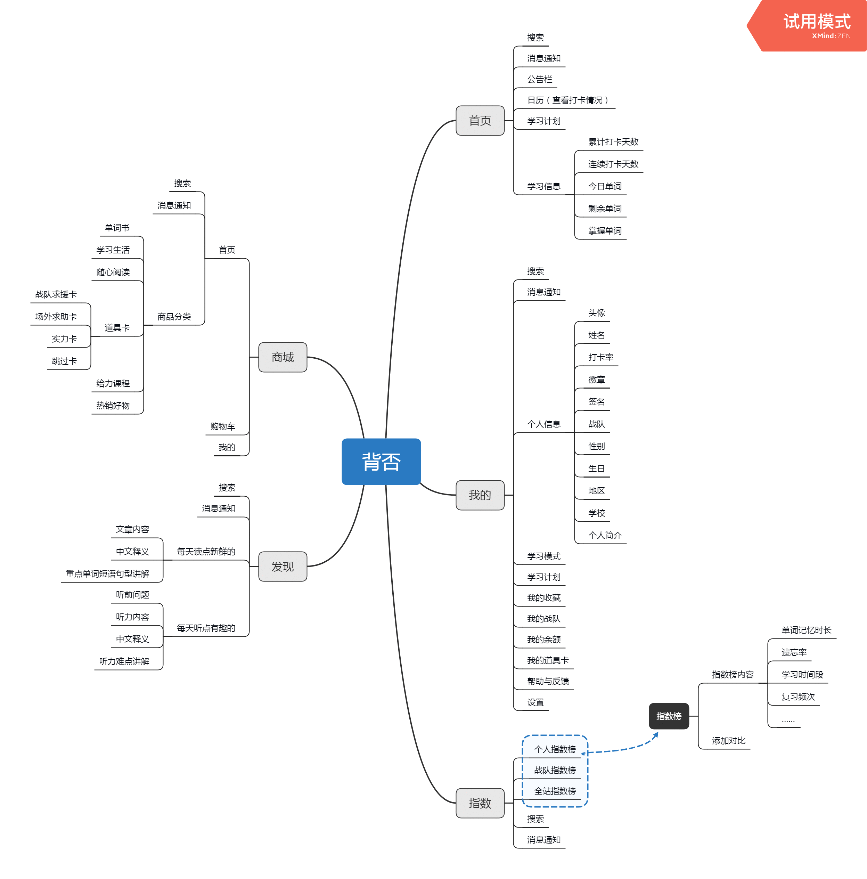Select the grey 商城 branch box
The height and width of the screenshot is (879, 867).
[x=283, y=357]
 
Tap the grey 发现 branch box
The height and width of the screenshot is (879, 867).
[x=283, y=567]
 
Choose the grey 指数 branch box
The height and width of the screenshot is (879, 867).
[x=480, y=803]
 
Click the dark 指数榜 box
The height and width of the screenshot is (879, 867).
[x=668, y=716]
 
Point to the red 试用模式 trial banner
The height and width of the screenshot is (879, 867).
[x=808, y=25]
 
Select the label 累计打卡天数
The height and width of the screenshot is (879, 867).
[x=613, y=142]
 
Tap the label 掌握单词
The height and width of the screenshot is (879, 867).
[x=605, y=231]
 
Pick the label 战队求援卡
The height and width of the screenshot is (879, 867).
[x=56, y=294]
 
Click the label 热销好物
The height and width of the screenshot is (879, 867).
[x=113, y=405]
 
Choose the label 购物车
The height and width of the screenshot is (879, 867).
[x=222, y=426]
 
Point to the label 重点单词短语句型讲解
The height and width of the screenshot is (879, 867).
[x=107, y=574]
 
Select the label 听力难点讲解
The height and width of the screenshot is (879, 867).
[x=124, y=661]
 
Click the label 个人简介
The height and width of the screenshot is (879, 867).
[x=605, y=535]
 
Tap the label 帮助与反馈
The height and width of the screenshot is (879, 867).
[x=548, y=681]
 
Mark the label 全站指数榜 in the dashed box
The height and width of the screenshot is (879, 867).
[x=555, y=791]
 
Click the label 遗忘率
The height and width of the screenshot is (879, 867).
[x=794, y=652]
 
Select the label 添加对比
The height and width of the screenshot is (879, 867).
[x=728, y=741]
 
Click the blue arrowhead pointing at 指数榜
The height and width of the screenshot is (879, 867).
[x=655, y=734]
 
